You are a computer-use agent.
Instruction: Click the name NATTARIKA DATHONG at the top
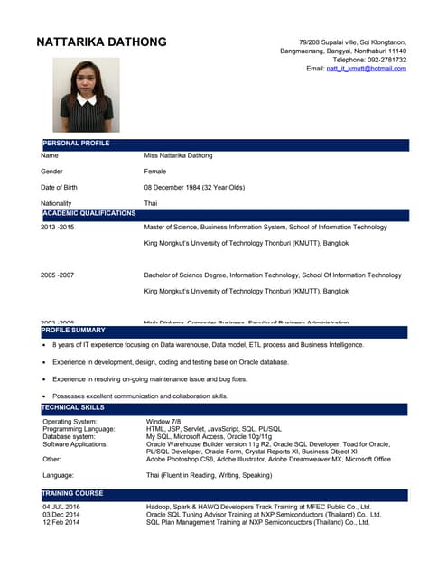point(101,42)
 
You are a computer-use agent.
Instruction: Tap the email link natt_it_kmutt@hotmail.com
point(366,69)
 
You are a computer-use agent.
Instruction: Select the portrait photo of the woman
point(87,96)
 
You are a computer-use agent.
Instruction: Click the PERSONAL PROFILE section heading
point(76,144)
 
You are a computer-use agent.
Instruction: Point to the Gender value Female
point(155,171)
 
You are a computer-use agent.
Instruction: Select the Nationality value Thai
point(151,203)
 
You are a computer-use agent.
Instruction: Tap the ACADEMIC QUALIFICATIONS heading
point(88,213)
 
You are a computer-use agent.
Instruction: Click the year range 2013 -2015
point(58,228)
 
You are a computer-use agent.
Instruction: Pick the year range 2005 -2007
point(58,275)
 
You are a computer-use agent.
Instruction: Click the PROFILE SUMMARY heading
point(73,331)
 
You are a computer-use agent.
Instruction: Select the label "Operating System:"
point(70,422)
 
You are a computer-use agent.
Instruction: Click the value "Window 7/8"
point(163,422)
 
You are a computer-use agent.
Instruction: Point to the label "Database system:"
point(69,437)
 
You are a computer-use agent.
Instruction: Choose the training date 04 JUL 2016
point(61,508)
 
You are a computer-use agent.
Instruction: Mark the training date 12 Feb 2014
point(61,522)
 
